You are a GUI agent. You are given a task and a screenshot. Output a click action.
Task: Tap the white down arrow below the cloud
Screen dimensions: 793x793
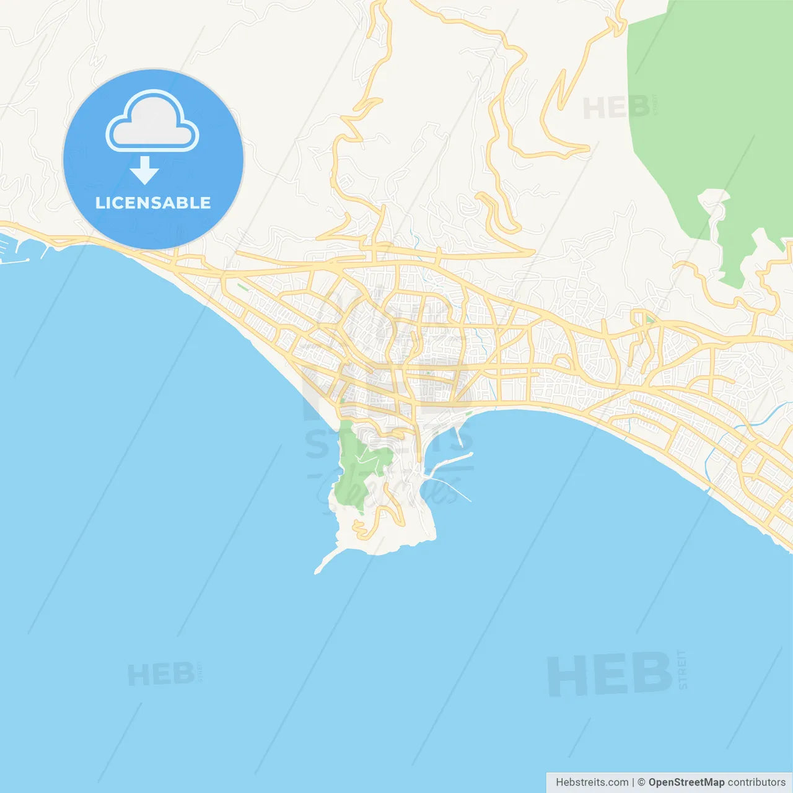(145, 170)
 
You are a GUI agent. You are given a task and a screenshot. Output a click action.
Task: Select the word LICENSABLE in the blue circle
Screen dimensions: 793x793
(153, 203)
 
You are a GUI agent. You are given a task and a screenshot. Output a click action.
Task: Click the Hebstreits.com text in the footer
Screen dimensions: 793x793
(592, 782)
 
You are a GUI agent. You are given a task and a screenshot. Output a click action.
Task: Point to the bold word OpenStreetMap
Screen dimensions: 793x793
(686, 782)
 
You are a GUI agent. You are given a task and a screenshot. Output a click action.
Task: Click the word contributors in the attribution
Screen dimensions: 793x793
(756, 782)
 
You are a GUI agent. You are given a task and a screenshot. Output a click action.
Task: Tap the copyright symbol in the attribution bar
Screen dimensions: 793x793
(641, 782)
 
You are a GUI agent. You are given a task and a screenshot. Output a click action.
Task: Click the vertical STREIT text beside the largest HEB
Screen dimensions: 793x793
(683, 670)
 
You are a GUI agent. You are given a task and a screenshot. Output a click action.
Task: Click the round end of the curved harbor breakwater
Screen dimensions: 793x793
(471, 454)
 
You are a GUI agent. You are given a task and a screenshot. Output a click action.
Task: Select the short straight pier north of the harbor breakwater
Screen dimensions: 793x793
(459, 436)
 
